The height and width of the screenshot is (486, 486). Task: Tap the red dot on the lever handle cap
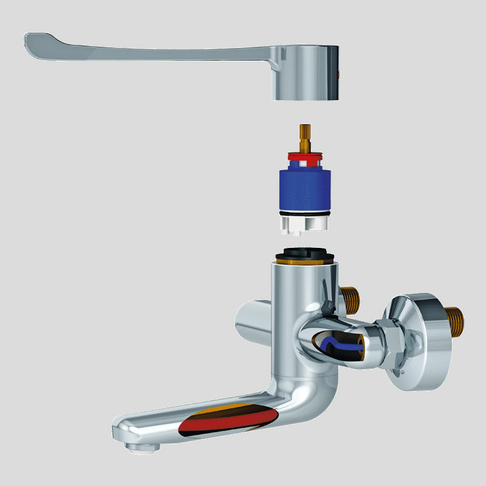(338, 75)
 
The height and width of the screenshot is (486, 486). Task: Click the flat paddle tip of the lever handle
(49, 47)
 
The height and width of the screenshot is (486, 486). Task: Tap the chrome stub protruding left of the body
(249, 316)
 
